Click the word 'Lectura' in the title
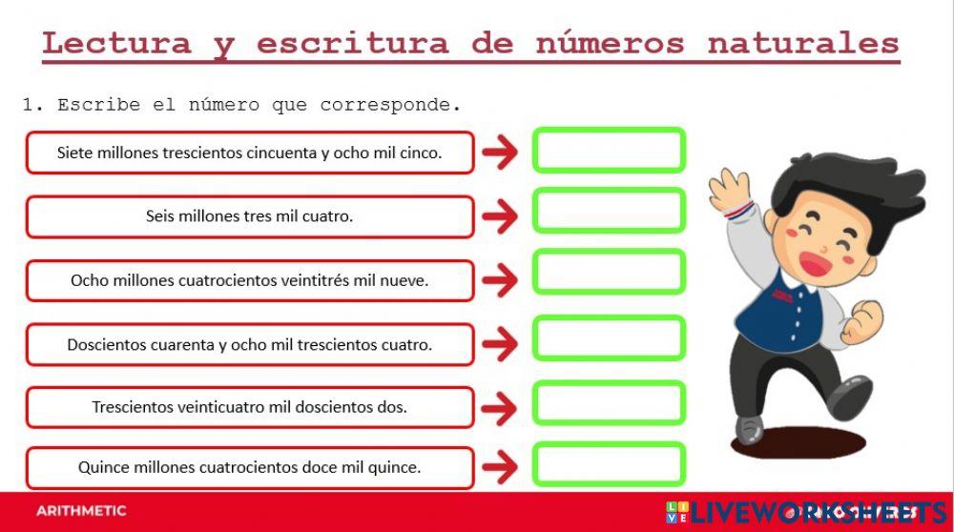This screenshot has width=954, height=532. click(116, 43)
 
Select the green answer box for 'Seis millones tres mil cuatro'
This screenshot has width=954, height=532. click(609, 212)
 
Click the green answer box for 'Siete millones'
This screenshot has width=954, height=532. click(609, 151)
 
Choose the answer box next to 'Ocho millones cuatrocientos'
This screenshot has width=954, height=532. click(609, 273)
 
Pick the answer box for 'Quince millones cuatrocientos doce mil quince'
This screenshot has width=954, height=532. click(609, 464)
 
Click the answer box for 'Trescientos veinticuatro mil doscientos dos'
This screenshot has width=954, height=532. click(609, 402)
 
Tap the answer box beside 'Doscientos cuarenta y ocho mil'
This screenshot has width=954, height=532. click(609, 338)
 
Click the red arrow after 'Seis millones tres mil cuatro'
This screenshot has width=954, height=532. click(499, 216)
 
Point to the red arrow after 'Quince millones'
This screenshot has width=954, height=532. click(499, 468)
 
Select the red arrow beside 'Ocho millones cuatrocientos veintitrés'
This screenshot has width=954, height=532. click(499, 280)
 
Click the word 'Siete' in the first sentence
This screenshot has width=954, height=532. click(75, 153)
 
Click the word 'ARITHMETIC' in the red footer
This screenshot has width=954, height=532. click(81, 511)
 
